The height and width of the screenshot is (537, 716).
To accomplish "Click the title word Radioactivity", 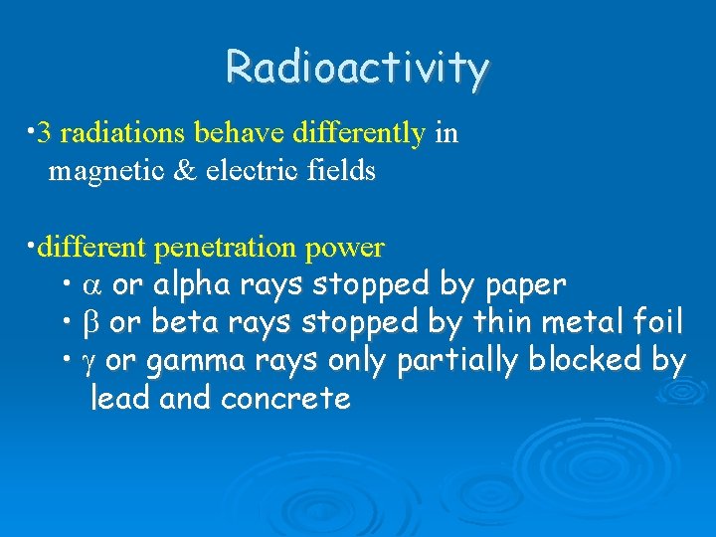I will (x=357, y=68).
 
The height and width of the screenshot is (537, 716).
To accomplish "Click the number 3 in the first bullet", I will (x=43, y=134).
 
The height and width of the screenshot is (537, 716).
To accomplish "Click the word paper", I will (x=526, y=285).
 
